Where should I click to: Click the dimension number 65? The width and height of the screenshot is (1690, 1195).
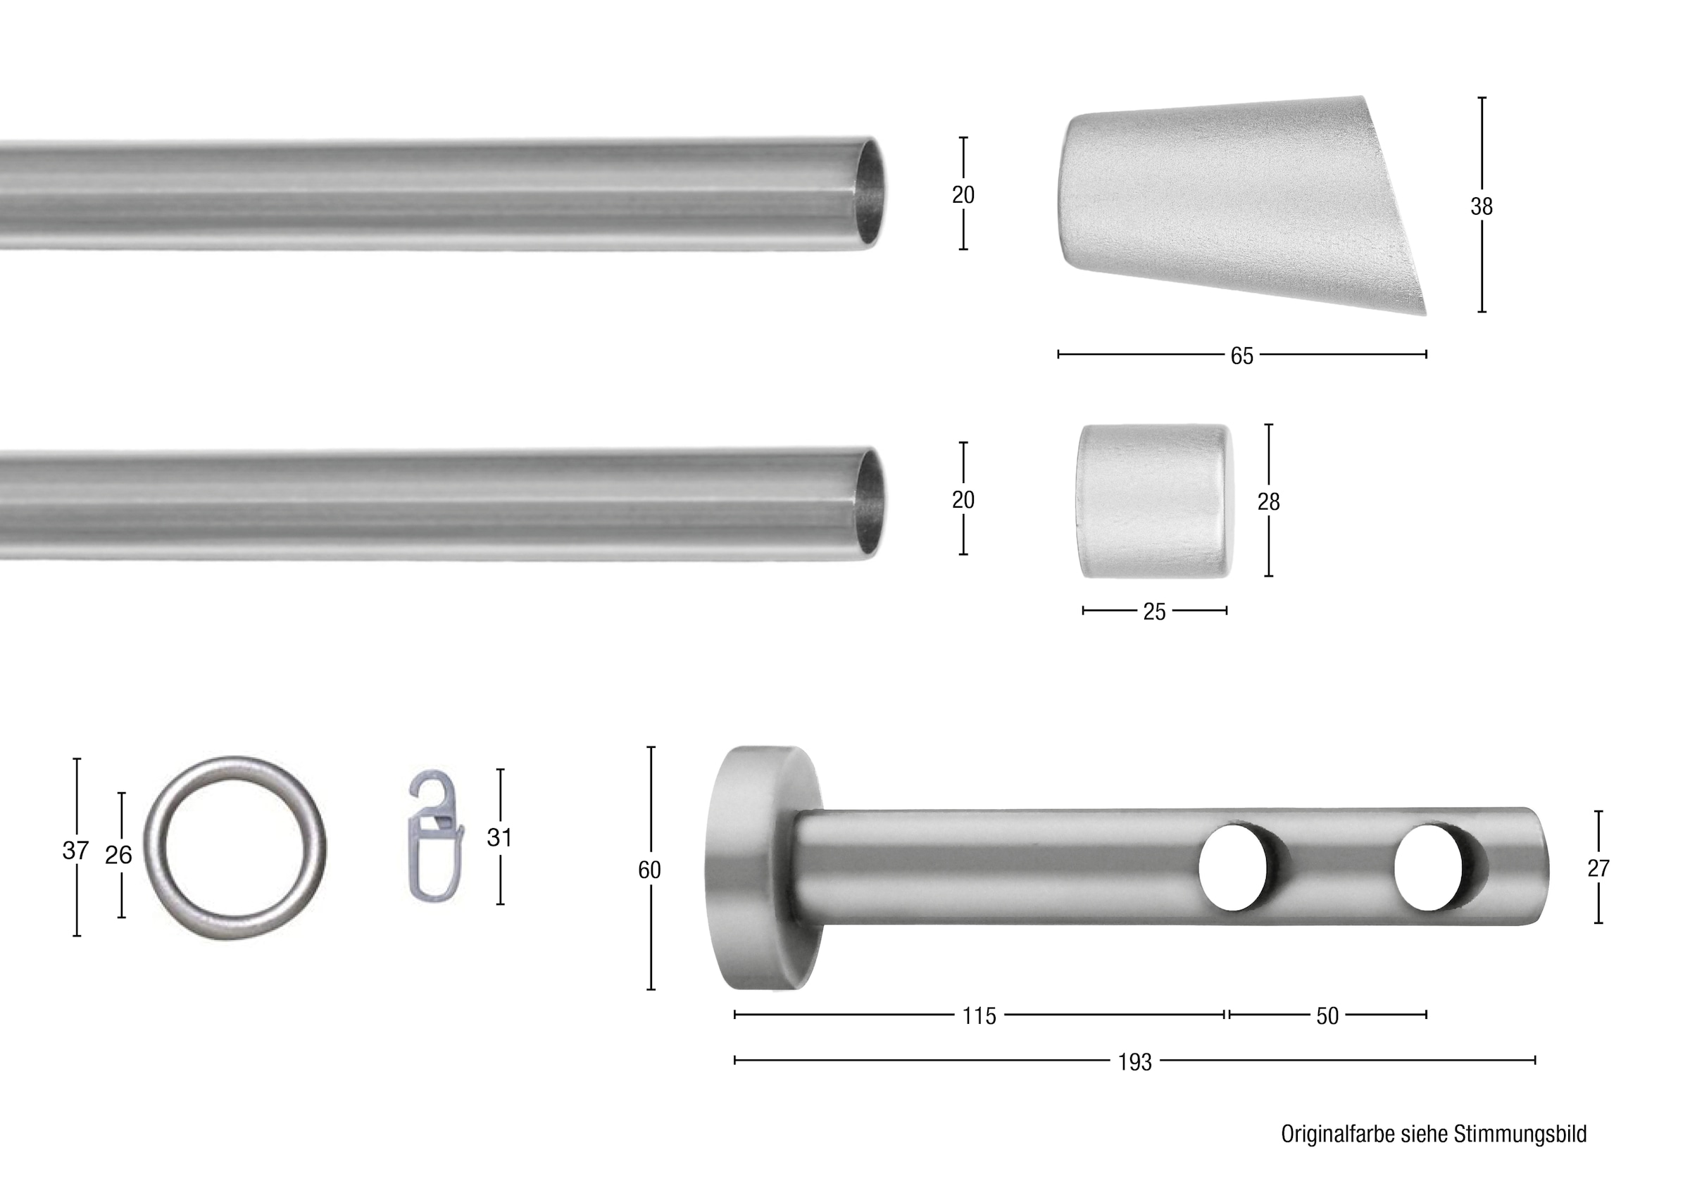tap(1241, 356)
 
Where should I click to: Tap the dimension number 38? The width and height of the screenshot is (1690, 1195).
tap(1482, 207)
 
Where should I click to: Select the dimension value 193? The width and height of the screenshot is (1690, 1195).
tap(1135, 1063)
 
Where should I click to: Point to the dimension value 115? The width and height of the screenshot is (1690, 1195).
tap(979, 1016)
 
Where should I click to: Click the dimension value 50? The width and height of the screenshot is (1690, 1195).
tap(1327, 1016)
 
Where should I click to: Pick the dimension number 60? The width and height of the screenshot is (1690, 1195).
tap(649, 870)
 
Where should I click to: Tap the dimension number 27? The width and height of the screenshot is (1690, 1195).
tap(1598, 869)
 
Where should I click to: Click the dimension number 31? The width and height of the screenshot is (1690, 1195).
tap(500, 837)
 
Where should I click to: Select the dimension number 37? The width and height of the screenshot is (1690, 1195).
tap(76, 851)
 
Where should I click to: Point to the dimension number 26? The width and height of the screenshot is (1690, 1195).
tap(118, 855)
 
